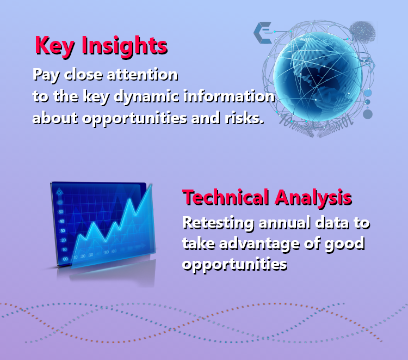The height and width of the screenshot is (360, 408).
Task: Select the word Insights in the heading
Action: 125,46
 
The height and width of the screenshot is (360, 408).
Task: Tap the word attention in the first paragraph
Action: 143,75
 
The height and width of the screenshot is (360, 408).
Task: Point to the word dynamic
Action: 146,96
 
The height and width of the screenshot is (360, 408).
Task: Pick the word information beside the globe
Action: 229,96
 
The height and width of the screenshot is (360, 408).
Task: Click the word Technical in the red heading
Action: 226,198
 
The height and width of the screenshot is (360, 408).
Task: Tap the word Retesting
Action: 218,224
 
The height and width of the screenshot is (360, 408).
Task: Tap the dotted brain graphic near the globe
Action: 362,32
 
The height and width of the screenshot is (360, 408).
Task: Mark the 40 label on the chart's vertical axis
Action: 61,222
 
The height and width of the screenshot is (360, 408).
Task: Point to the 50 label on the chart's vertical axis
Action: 61,212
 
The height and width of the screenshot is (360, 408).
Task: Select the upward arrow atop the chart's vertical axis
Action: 59,191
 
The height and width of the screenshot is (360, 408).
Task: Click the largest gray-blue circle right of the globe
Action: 368,114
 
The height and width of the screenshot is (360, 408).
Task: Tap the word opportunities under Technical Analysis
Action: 234,265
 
